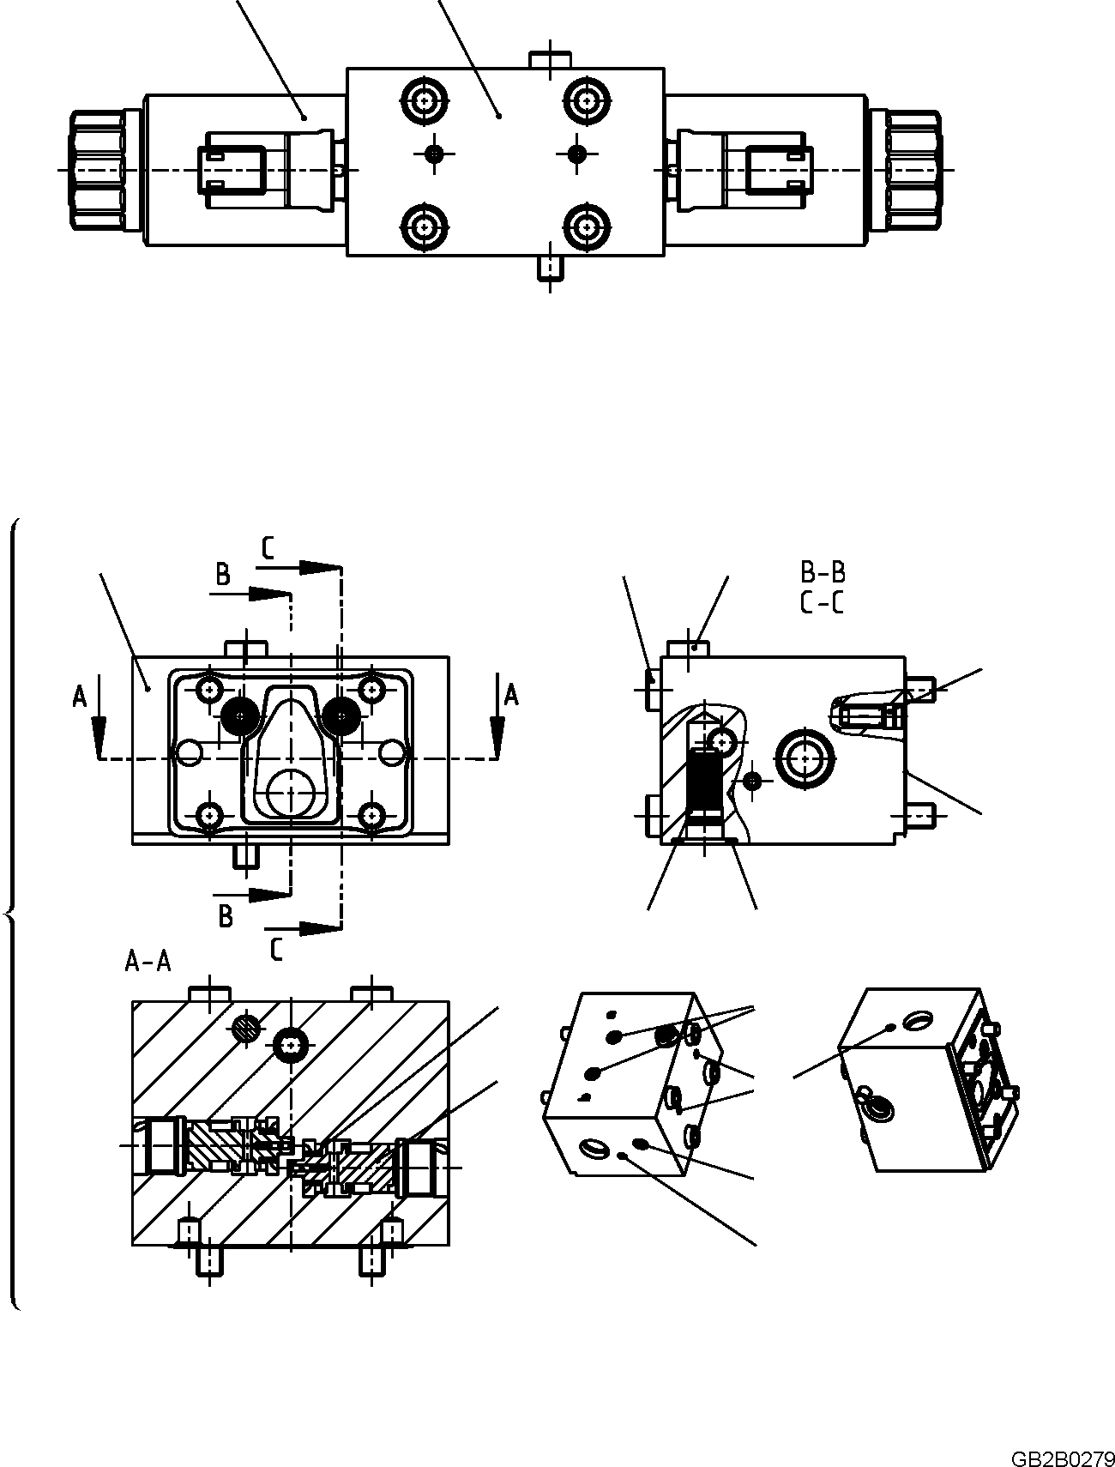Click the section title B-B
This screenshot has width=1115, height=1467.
[x=822, y=572]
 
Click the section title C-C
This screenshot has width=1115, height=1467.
[x=822, y=602]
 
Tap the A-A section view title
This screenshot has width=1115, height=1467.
[x=148, y=962]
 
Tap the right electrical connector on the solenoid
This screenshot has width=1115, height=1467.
[x=777, y=169]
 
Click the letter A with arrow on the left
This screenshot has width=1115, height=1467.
[x=81, y=697]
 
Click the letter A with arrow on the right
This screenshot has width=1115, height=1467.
[x=510, y=694]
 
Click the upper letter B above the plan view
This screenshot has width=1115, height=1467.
[x=222, y=575]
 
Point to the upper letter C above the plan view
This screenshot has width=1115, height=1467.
[x=268, y=548]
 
